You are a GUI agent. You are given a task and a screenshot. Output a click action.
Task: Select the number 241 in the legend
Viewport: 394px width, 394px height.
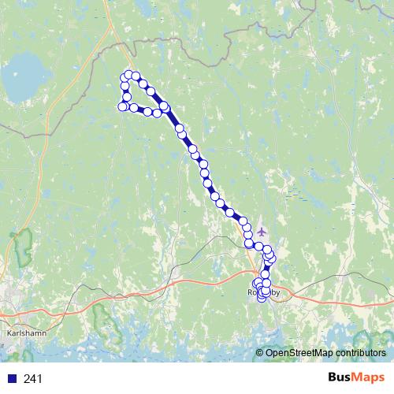click(x=33, y=379)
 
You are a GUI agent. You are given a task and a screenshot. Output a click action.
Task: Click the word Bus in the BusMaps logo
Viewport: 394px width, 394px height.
click(x=342, y=378)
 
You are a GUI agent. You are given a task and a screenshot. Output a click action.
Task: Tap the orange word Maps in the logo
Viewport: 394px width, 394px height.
click(x=370, y=378)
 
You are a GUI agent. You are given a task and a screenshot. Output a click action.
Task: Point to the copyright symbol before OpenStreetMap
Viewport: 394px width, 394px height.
click(x=259, y=353)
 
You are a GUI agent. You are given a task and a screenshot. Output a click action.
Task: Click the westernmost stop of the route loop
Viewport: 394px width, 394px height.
click(x=121, y=106)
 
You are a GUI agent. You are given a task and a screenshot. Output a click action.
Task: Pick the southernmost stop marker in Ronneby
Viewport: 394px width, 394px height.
click(x=262, y=298)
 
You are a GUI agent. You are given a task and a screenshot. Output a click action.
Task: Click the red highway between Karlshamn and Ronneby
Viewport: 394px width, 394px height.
click(x=158, y=287)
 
